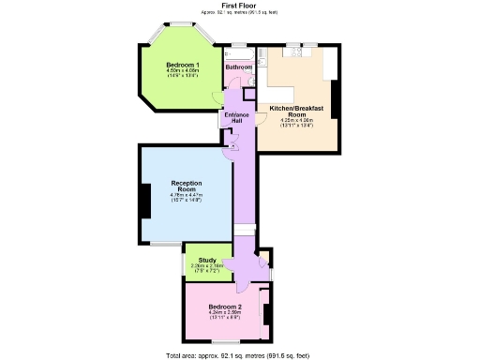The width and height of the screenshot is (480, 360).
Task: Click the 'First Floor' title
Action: (x=240, y=6)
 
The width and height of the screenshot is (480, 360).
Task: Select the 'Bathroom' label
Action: (x=238, y=67)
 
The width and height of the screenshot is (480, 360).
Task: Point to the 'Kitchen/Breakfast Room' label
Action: (x=296, y=112)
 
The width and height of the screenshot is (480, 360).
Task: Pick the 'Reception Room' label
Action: (x=187, y=186)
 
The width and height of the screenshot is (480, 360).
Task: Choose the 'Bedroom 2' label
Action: (x=225, y=307)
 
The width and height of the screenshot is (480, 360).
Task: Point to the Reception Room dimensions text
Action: (x=187, y=198)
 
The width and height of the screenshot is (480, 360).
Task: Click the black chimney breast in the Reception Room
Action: (x=145, y=200)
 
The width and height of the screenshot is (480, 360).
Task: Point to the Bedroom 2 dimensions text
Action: (x=225, y=316)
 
